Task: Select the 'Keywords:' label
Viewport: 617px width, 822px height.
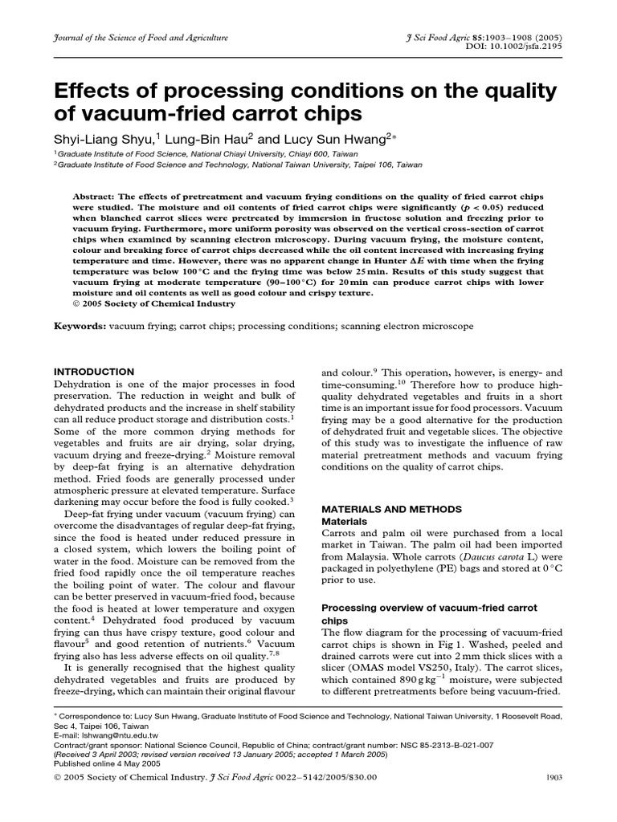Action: click(80, 327)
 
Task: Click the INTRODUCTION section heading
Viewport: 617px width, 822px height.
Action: click(94, 372)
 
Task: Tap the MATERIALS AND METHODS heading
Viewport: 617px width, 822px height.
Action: click(391, 510)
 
